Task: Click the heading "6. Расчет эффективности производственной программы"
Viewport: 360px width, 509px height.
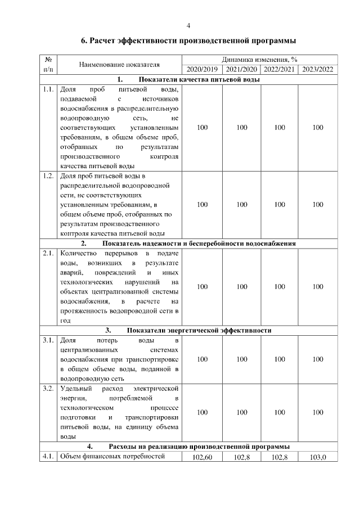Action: (189, 41)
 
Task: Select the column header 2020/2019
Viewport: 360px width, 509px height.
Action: (203, 69)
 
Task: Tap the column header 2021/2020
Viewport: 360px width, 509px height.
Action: (242, 69)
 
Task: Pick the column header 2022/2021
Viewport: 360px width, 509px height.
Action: (280, 69)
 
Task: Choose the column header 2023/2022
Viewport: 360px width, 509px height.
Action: (318, 69)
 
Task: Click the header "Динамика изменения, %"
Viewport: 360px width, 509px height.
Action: (260, 59)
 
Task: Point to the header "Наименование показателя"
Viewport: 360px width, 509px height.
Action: (120, 64)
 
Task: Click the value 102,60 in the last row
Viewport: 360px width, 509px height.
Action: (203, 457)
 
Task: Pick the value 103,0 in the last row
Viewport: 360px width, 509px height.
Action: (318, 457)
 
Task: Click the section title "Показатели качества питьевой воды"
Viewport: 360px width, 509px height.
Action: (196, 79)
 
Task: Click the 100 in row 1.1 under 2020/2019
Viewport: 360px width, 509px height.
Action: (203, 128)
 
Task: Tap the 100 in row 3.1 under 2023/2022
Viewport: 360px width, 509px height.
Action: (318, 359)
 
